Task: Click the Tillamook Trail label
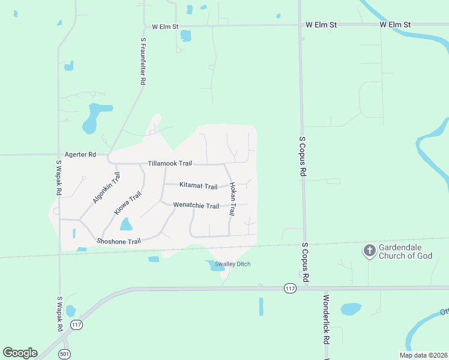click(x=170, y=163)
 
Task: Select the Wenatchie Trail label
click(x=196, y=206)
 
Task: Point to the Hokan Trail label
click(x=232, y=200)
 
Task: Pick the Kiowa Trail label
click(x=127, y=204)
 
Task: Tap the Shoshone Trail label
click(x=118, y=241)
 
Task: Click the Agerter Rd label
click(x=83, y=155)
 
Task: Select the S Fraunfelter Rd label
click(x=143, y=61)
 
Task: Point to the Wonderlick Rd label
click(x=326, y=319)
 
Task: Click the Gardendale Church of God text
click(x=405, y=252)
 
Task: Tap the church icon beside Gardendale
click(x=370, y=250)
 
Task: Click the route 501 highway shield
click(x=64, y=354)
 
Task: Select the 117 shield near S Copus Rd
click(x=291, y=289)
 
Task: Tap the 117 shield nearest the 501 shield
click(x=76, y=325)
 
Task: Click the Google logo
click(x=20, y=353)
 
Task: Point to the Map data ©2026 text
click(x=423, y=355)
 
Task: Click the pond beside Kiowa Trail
click(x=126, y=224)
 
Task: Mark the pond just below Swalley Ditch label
click(x=215, y=267)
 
